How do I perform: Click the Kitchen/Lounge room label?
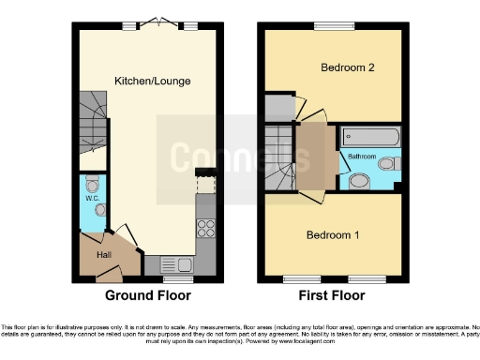coord(153,82)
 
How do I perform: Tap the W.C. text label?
coord(94,198)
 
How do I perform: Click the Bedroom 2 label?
coord(347,68)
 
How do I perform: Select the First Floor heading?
coord(333,295)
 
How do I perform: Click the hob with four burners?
coord(205,228)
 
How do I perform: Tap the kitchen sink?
coord(174,264)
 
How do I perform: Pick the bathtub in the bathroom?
coord(371,137)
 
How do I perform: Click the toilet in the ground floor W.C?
coord(92,183)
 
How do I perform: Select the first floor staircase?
coord(278,156)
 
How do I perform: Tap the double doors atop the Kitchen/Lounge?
coord(159,22)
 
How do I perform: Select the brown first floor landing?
coord(310,155)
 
